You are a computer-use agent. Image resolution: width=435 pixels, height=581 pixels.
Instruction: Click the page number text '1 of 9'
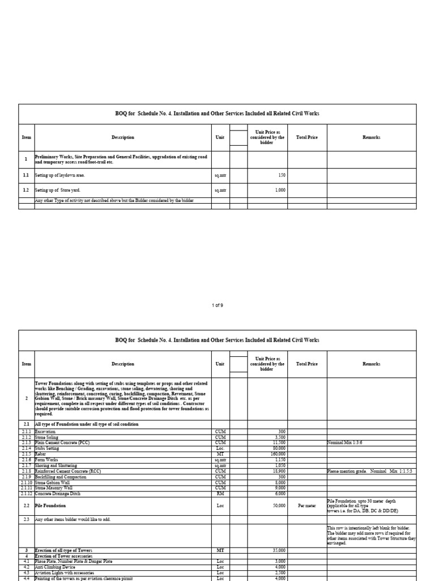[x=217, y=305]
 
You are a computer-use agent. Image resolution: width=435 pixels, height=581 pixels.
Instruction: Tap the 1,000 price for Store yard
[x=280, y=190]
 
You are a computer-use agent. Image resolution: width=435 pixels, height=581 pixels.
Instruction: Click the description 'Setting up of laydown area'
[x=60, y=175]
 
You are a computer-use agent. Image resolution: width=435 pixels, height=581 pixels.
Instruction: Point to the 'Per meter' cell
[x=308, y=506]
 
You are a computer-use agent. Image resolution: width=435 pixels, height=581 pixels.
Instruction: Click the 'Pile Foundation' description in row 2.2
[x=50, y=506]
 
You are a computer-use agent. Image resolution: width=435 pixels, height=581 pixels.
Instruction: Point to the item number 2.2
[x=26, y=506]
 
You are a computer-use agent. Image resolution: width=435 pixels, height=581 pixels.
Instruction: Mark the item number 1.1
[x=26, y=175]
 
